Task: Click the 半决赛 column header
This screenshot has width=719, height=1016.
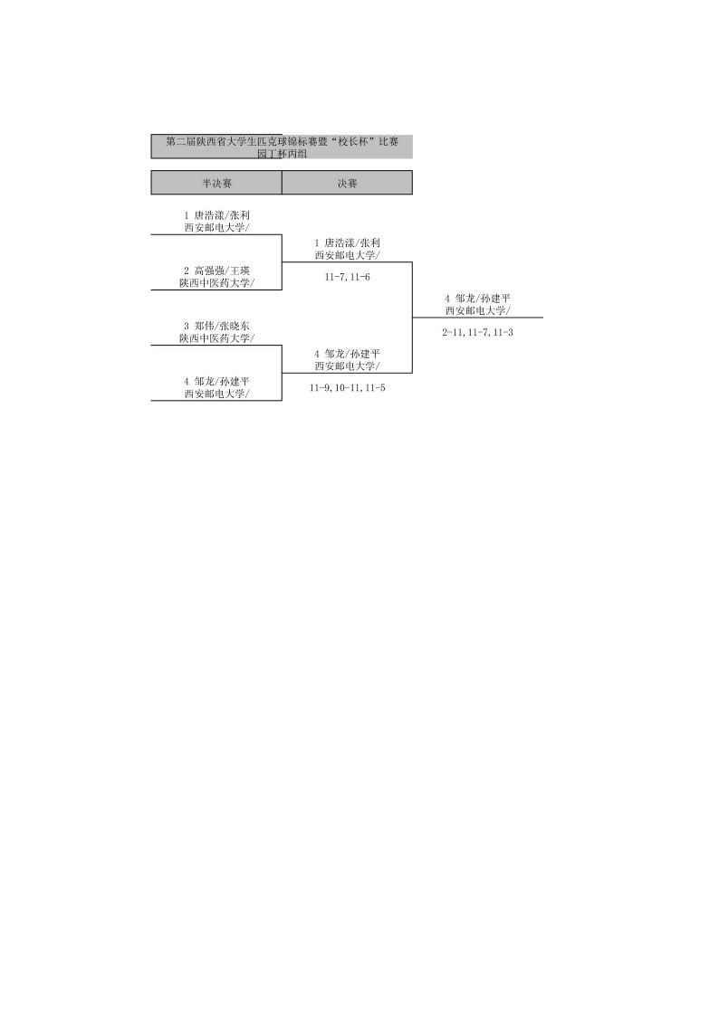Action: tap(216, 183)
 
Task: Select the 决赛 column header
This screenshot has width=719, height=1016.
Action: tap(347, 183)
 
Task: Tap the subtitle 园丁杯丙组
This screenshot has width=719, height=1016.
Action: tap(282, 154)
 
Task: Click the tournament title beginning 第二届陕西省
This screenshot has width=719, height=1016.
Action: tap(282, 142)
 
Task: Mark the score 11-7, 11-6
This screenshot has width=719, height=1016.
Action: tap(347, 277)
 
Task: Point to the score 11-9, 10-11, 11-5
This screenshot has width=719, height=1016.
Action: tap(347, 387)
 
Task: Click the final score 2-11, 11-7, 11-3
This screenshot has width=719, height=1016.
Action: tap(477, 332)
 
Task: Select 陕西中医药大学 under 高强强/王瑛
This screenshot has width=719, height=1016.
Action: tap(216, 282)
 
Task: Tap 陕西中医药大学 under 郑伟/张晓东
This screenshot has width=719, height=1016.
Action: tap(216, 338)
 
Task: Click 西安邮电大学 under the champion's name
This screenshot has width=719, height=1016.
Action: tap(477, 310)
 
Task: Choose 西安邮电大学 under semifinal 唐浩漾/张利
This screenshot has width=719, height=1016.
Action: tap(216, 227)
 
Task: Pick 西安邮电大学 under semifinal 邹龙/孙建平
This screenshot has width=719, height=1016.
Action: tap(216, 394)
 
